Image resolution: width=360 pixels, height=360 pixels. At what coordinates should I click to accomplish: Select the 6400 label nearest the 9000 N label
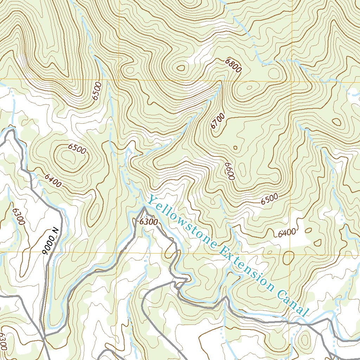[x=53, y=180]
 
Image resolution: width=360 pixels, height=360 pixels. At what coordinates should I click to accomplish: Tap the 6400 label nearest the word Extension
[x=287, y=232]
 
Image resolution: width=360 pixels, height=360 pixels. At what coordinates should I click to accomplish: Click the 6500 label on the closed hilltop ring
[x=77, y=149]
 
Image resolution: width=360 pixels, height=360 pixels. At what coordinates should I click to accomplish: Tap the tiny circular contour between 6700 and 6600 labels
[x=235, y=148]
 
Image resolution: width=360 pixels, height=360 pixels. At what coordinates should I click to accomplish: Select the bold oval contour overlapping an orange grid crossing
[x=288, y=258]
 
